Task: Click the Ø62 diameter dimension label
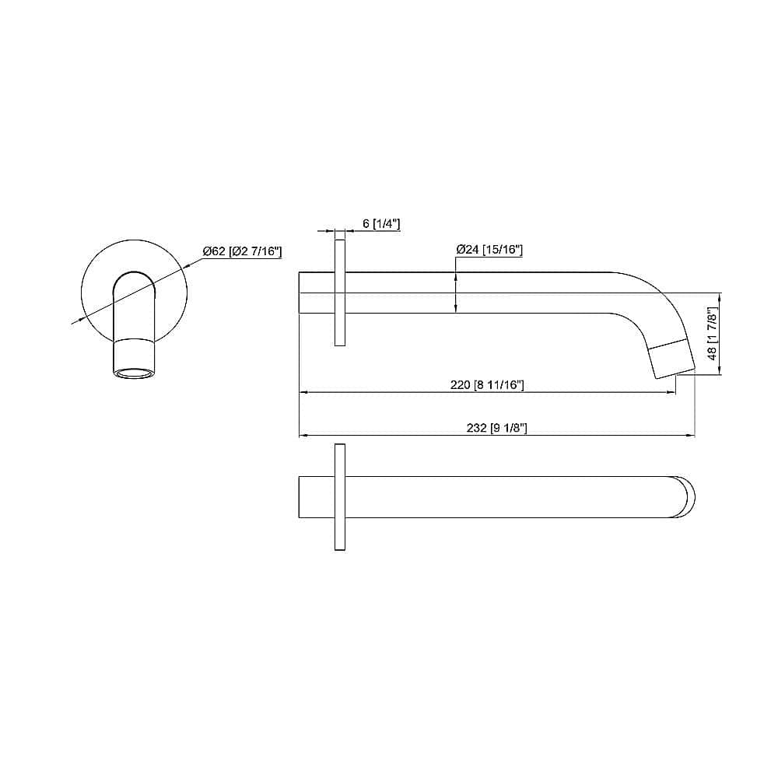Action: click(x=241, y=251)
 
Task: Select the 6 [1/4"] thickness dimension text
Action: click(x=381, y=224)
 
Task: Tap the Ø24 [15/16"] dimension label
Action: click(x=489, y=250)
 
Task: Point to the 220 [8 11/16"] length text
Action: click(x=488, y=385)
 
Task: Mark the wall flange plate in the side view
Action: click(x=340, y=293)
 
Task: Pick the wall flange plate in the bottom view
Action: click(x=340, y=498)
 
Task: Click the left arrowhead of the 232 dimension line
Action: click(x=303, y=435)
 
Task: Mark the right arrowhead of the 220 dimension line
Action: click(x=671, y=393)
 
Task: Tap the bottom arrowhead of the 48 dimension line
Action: click(x=720, y=371)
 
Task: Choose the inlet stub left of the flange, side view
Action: click(x=317, y=293)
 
